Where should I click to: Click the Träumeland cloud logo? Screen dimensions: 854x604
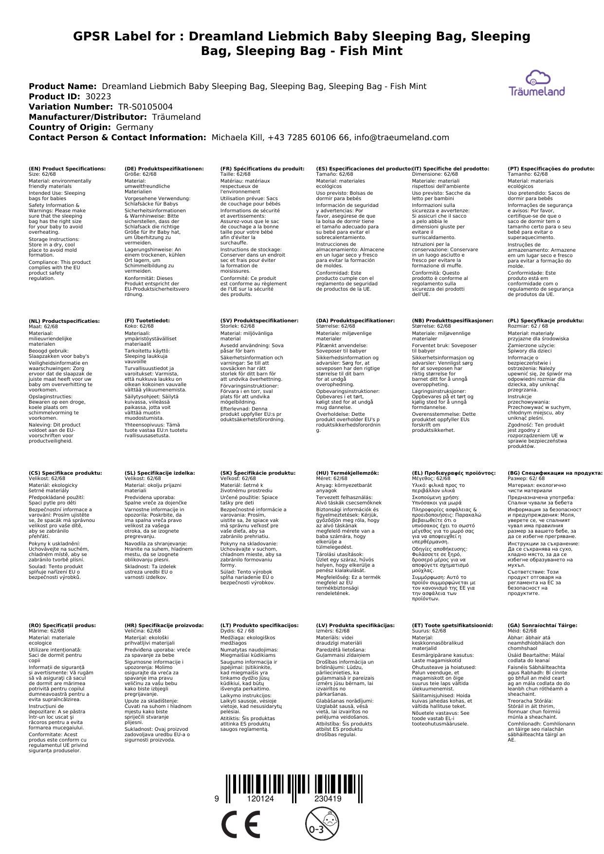point(537,83)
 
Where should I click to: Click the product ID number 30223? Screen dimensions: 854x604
point(98,96)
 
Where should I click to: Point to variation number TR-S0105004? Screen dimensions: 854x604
point(146,107)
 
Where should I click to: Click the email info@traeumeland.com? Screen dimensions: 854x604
point(402,137)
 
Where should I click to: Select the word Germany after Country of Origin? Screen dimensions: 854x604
point(134,127)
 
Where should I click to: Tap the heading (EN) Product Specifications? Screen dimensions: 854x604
point(67,168)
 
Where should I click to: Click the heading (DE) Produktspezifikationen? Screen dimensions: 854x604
point(164,168)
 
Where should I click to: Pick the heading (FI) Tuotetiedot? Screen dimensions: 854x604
point(147,321)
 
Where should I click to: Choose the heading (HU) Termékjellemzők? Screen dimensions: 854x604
point(347,473)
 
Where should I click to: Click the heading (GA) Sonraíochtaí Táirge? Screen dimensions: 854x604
point(542,625)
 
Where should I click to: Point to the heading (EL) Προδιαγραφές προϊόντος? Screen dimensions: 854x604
point(454,473)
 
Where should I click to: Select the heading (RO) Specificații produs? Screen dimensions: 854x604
point(62,625)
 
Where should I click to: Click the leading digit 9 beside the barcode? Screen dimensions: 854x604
point(217,798)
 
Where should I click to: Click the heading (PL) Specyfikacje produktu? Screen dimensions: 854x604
point(546,321)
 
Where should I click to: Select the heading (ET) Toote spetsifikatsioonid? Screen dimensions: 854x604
point(452,625)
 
